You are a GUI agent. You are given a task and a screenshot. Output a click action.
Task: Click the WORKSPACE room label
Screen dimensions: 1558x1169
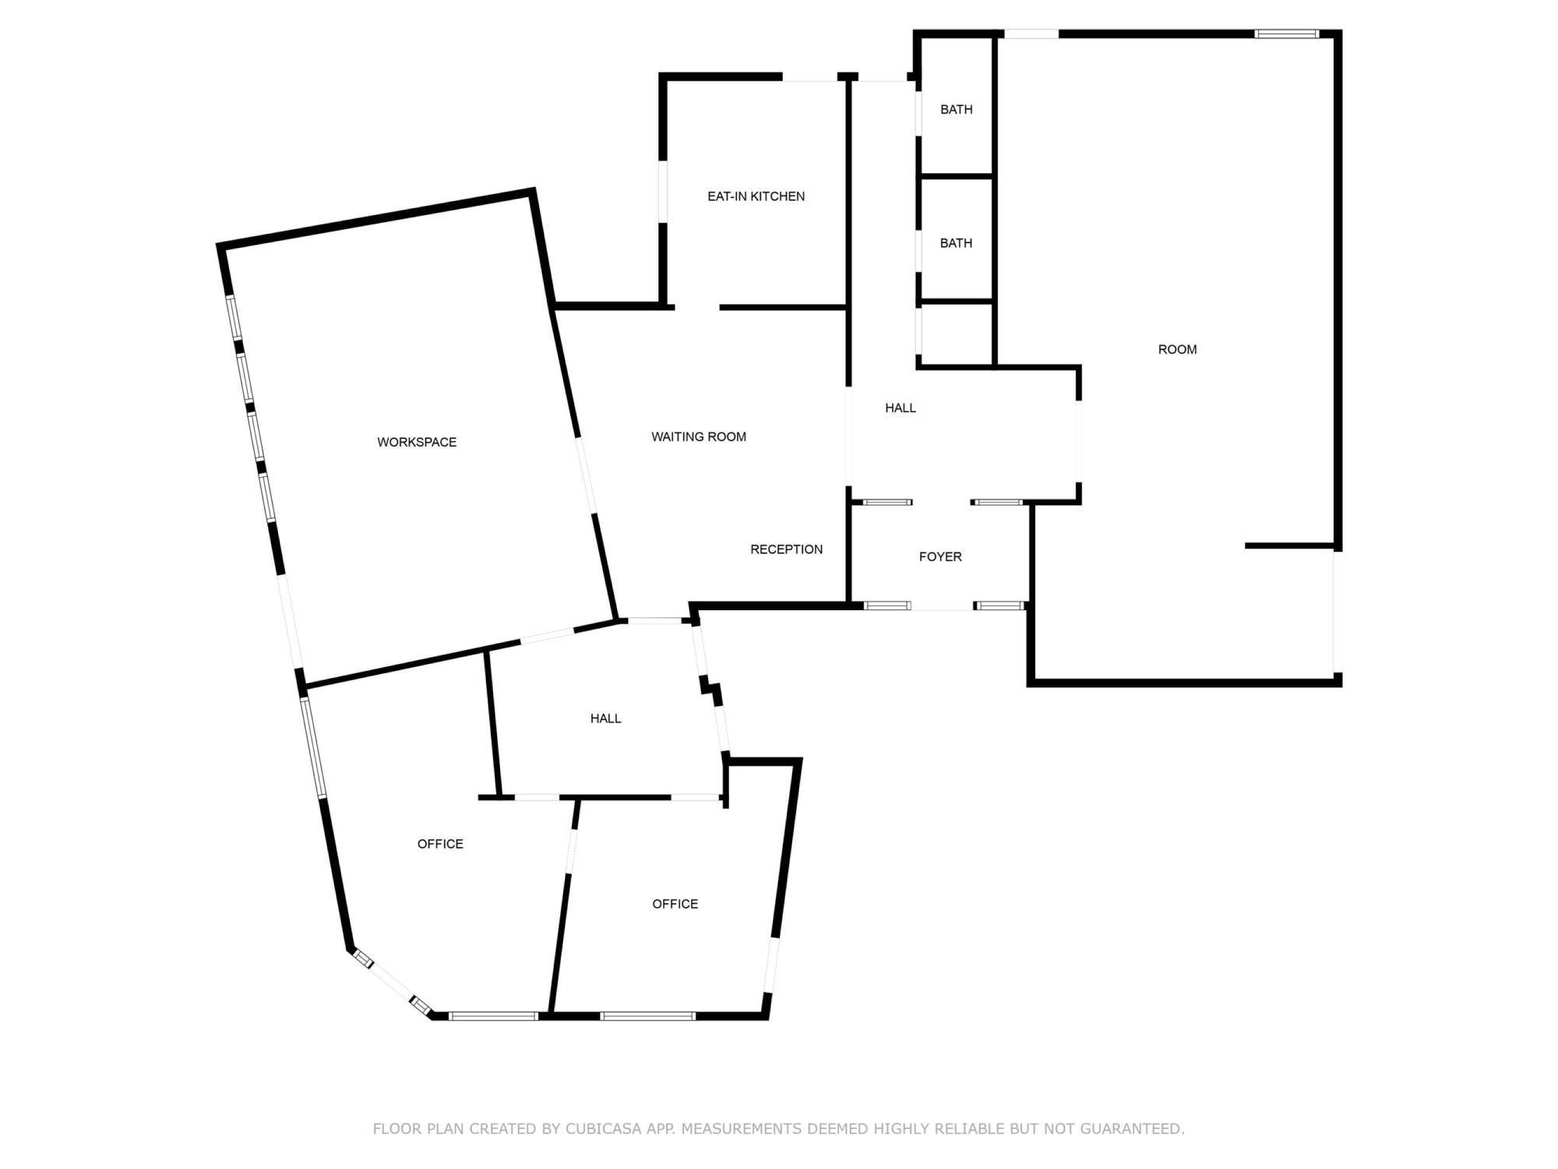pos(417,442)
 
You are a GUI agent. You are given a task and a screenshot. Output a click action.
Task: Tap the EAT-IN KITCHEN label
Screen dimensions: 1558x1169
pos(756,196)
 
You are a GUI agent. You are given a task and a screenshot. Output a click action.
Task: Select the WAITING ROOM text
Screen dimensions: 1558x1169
pos(699,437)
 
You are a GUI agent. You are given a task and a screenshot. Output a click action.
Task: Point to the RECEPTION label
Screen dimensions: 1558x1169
pos(786,549)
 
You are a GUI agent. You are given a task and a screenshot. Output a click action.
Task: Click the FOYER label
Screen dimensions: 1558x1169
pos(941,556)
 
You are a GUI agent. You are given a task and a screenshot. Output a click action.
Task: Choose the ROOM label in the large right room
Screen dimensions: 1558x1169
pos(1177,350)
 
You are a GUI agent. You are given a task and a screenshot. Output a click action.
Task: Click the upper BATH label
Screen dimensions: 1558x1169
pos(956,109)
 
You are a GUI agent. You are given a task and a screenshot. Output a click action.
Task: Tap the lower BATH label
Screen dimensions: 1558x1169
pos(956,243)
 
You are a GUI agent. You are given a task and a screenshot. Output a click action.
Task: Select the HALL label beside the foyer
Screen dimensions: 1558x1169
pos(900,408)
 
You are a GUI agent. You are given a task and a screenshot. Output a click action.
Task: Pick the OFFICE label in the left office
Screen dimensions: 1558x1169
pos(440,844)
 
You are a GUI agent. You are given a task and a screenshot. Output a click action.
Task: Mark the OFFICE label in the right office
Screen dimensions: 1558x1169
pos(675,904)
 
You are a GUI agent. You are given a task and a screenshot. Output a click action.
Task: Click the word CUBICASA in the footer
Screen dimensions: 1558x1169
pos(603,1129)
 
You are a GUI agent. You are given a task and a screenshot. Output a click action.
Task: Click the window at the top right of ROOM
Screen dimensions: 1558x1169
pos(1286,33)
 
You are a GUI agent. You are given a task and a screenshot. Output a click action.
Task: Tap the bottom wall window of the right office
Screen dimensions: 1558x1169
pos(647,1016)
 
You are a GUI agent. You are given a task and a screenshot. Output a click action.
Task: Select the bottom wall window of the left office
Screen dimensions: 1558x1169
pos(493,1016)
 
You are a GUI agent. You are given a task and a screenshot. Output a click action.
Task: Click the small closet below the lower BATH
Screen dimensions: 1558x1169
pos(956,336)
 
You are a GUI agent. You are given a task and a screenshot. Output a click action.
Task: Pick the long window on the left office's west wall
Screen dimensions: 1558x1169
pos(314,748)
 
